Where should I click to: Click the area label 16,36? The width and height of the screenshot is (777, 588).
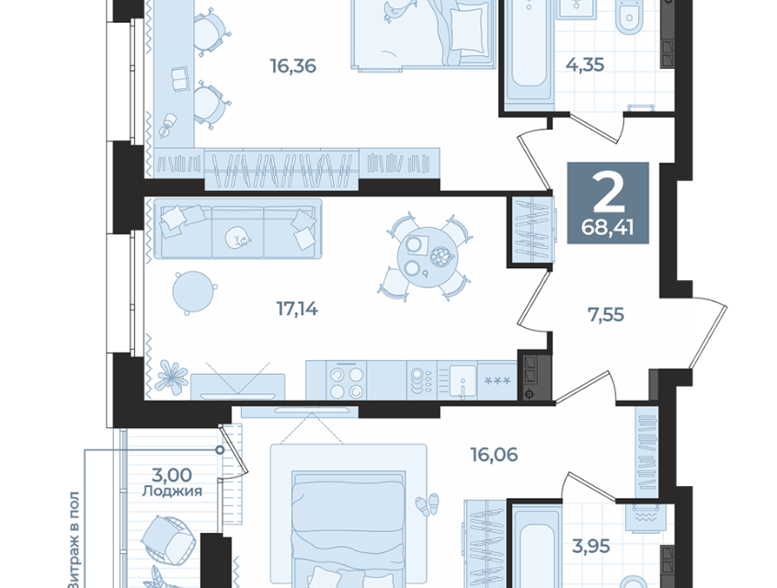tap(292, 66)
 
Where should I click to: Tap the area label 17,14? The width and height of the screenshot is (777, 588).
tap(297, 310)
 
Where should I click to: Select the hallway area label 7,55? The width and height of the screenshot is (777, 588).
tap(606, 314)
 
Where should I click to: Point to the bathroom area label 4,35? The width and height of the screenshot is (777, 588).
tap(585, 65)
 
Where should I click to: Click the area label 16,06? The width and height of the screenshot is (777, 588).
tap(494, 455)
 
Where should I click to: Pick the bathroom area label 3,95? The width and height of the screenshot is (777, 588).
tap(590, 547)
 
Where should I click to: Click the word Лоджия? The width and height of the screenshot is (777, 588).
tap(172, 492)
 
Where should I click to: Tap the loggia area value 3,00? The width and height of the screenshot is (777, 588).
tap(171, 475)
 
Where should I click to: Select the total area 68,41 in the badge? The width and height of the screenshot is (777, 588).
tap(608, 228)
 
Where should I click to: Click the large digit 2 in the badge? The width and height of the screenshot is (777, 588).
tap(609, 193)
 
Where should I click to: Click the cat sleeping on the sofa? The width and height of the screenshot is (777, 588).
tap(236, 237)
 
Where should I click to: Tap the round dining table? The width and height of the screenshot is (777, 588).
tap(427, 257)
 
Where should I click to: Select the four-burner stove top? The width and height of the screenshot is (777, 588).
tap(347, 380)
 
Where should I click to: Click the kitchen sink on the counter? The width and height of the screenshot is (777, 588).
tap(462, 381)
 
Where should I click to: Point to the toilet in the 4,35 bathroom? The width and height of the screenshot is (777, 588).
tap(628, 18)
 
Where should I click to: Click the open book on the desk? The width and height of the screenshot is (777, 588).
tap(180, 79)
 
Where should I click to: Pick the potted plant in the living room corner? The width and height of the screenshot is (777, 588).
tap(171, 377)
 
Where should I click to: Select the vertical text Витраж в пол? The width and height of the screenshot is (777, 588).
tap(74, 539)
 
